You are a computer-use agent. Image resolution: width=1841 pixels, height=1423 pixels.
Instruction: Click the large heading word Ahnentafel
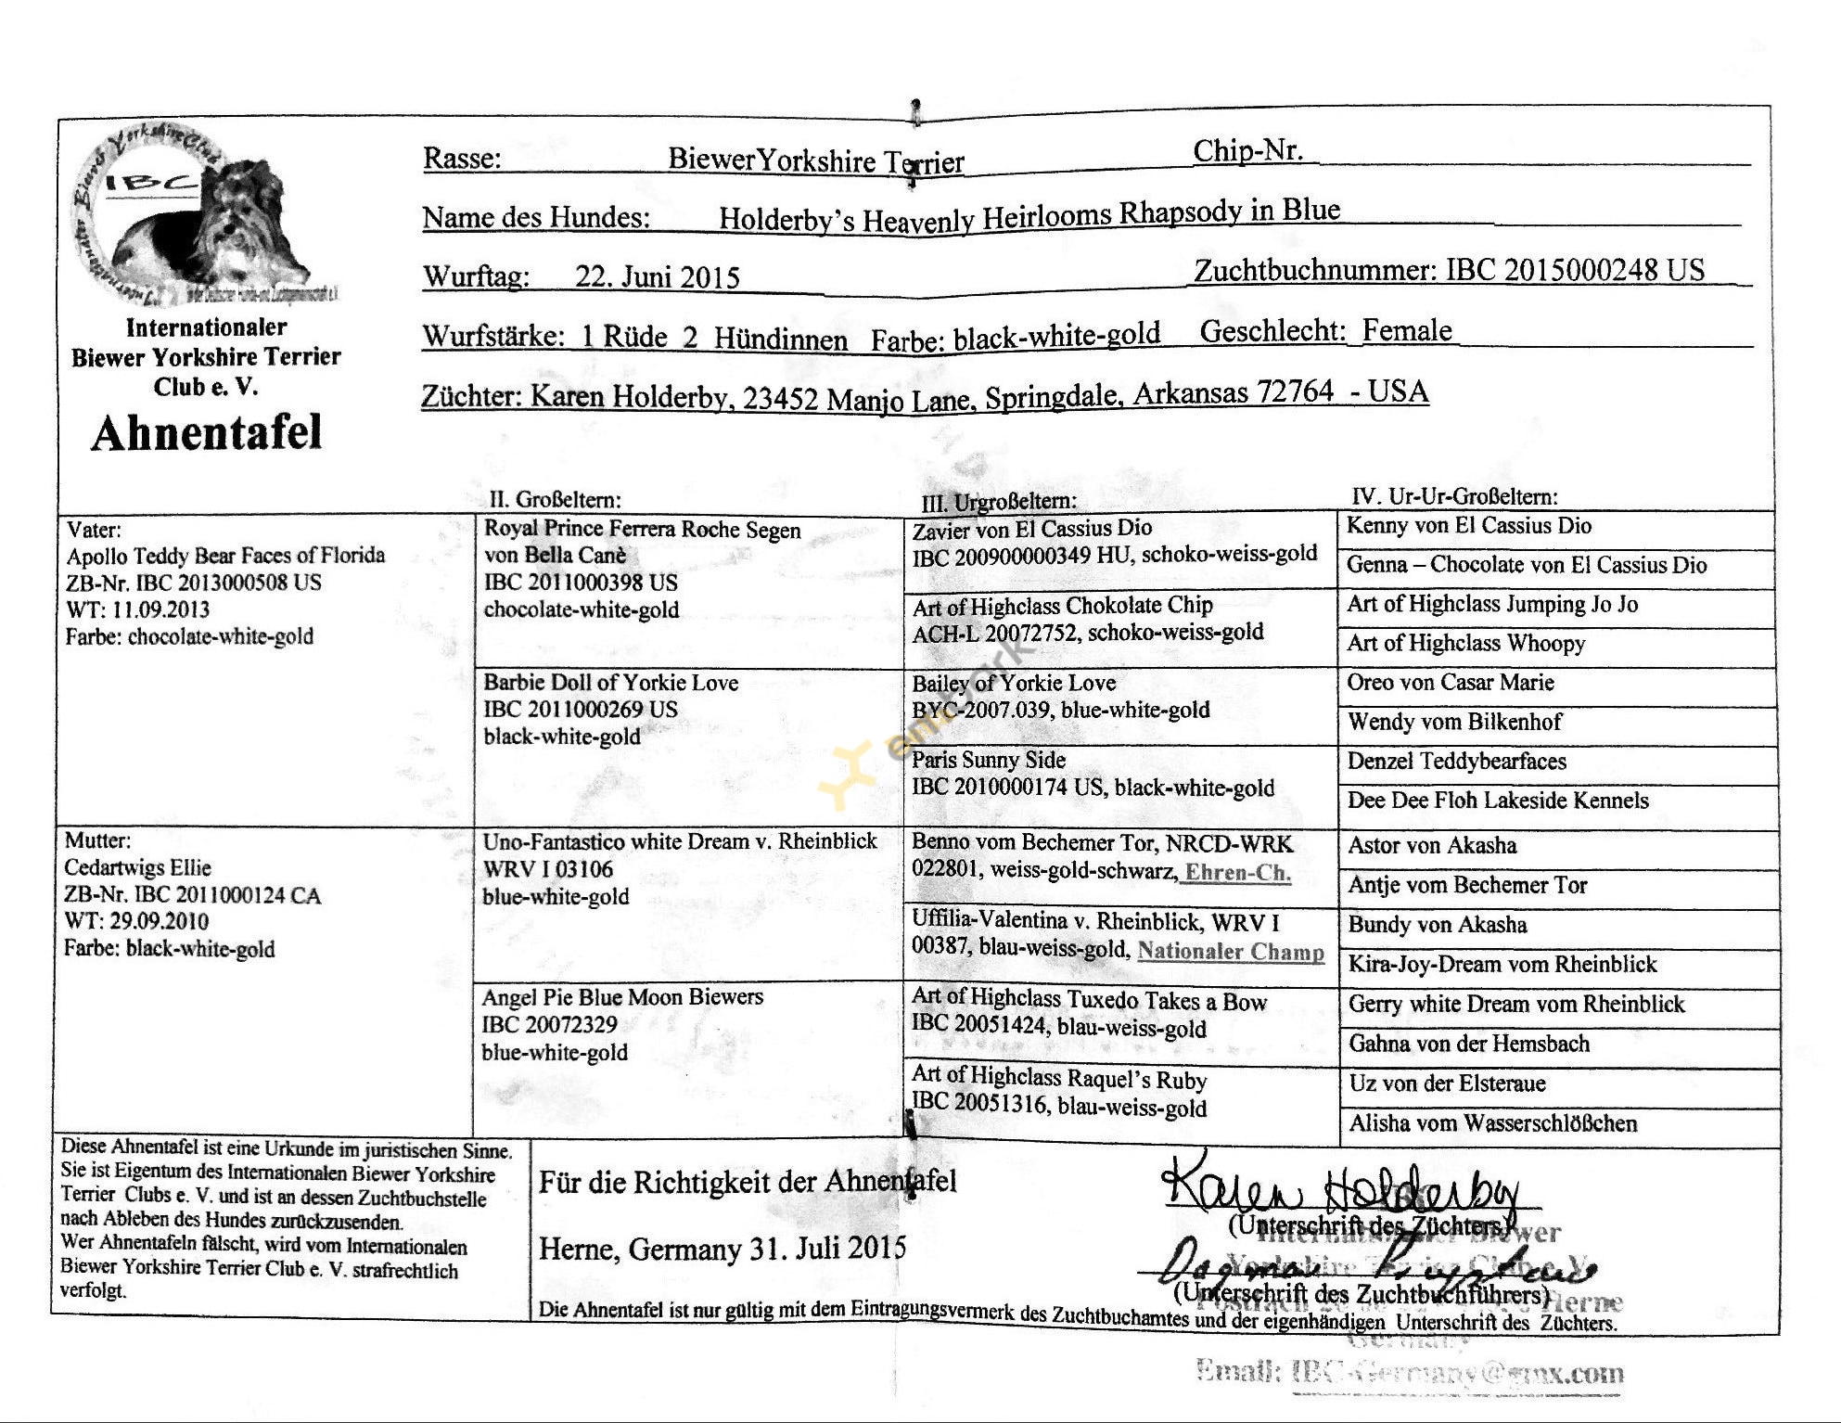[x=206, y=433]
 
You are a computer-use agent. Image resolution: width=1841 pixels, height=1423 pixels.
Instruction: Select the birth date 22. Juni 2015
[x=658, y=277]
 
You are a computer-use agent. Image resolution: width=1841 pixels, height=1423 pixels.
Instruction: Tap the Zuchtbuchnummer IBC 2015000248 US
[x=1575, y=270]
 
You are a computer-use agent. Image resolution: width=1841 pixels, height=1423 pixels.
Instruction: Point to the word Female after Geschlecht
[x=1407, y=330]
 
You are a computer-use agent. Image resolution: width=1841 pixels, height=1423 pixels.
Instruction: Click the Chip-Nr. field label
[x=1247, y=151]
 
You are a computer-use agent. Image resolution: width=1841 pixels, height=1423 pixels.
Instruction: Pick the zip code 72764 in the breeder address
[x=1295, y=391]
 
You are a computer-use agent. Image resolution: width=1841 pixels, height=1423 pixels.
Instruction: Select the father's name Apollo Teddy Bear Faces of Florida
[x=225, y=556]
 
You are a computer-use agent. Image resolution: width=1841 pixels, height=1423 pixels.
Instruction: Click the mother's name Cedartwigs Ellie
[x=137, y=868]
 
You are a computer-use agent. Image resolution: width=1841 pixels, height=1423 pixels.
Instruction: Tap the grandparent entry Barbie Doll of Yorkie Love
[x=611, y=683]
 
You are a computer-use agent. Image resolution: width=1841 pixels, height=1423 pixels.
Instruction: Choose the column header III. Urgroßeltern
[x=999, y=502]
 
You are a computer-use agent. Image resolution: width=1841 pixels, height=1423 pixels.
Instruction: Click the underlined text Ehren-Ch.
[x=1238, y=872]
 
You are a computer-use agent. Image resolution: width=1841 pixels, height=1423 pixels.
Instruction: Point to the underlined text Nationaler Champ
[x=1231, y=951]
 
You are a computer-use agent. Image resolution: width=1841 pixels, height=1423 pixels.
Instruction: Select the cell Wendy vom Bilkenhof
[x=1454, y=722]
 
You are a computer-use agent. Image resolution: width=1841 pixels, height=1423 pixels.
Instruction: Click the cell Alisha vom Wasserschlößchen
[x=1492, y=1123]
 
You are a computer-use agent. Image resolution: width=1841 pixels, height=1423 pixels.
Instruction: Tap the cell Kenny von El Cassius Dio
[x=1468, y=526]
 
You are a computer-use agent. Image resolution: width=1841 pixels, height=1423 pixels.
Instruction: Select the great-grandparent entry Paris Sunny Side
[x=989, y=761]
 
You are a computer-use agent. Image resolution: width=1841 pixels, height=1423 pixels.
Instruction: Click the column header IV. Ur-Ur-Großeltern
[x=1454, y=496]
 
